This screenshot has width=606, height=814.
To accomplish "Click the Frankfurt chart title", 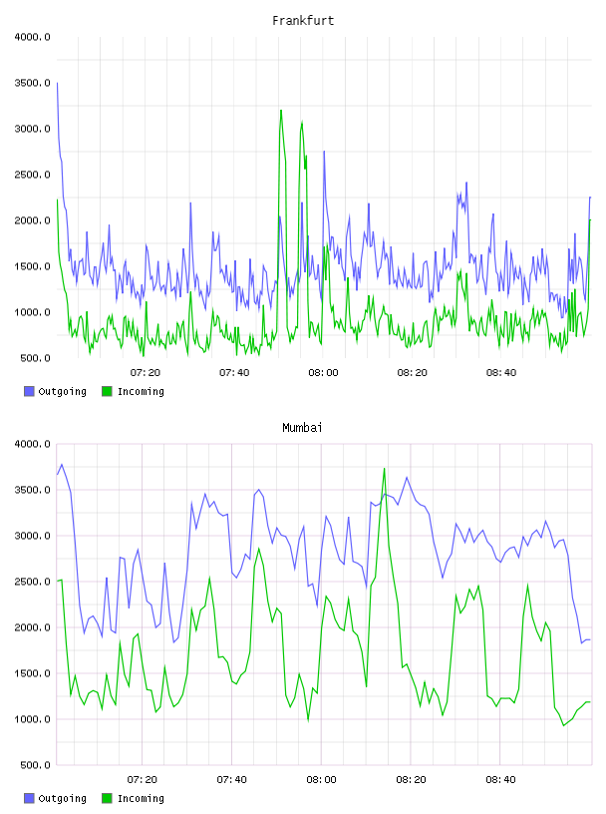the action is [303, 21].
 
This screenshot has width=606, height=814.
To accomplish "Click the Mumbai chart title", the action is [302, 428].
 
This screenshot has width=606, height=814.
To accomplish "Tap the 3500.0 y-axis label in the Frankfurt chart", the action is [32, 83].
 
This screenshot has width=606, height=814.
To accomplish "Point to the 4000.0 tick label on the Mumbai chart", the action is [32, 444].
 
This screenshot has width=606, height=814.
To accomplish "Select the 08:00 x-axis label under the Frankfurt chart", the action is [323, 373].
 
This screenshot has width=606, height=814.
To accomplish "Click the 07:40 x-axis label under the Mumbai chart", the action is [232, 780].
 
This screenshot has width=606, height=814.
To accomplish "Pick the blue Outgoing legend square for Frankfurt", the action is [29, 391].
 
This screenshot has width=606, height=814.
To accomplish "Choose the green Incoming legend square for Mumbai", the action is [107, 798].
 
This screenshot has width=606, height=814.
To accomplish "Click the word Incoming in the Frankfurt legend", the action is [141, 392].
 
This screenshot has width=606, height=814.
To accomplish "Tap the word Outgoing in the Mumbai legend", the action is [62, 799].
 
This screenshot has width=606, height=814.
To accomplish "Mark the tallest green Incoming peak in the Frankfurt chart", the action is [281, 110].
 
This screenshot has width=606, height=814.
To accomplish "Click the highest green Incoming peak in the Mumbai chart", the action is [384, 469].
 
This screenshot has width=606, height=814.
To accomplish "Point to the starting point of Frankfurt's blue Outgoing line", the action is [57, 83].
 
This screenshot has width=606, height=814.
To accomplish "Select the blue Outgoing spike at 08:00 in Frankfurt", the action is [324, 152].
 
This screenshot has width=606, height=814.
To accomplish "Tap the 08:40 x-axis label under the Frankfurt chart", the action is [501, 373].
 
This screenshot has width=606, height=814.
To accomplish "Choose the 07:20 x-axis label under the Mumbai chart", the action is [143, 780].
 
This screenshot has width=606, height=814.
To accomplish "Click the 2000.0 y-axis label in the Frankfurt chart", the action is [32, 220].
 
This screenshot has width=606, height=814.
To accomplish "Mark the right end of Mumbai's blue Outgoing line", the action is [590, 639].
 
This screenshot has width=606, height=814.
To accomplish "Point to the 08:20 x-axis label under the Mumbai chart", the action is [411, 780].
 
